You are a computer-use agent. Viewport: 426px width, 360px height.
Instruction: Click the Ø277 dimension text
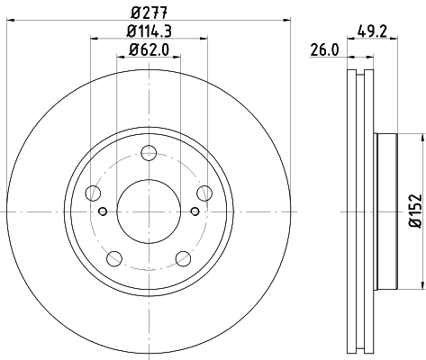coord(148,13)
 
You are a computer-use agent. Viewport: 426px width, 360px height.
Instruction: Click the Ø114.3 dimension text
coord(149,33)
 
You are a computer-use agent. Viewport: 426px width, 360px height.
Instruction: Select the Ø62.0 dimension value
coord(149,52)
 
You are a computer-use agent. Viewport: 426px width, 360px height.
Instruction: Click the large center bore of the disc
coord(148,211)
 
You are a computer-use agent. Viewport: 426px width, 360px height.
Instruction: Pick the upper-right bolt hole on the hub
coord(204,193)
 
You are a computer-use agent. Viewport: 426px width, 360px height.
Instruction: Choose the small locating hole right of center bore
coord(195,211)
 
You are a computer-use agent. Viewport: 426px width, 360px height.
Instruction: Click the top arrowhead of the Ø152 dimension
coord(421,138)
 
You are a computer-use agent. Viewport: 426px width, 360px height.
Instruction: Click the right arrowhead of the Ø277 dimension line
coord(289,20)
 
